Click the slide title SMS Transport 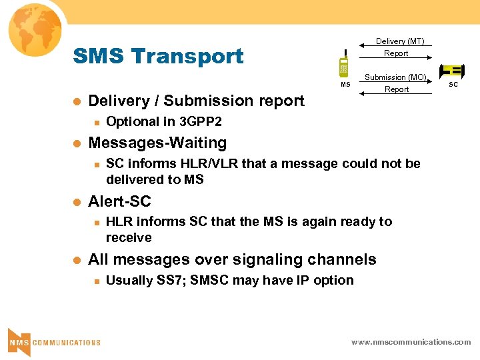[158, 56]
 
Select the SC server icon [452, 71]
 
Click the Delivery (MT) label [400, 41]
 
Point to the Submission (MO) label [395, 77]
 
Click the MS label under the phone [345, 85]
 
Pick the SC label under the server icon [453, 85]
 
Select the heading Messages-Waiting [157, 143]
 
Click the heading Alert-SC [120, 201]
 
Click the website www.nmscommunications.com [411, 341]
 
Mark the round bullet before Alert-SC [76, 202]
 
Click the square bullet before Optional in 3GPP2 [96, 122]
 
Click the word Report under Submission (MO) [397, 89]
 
